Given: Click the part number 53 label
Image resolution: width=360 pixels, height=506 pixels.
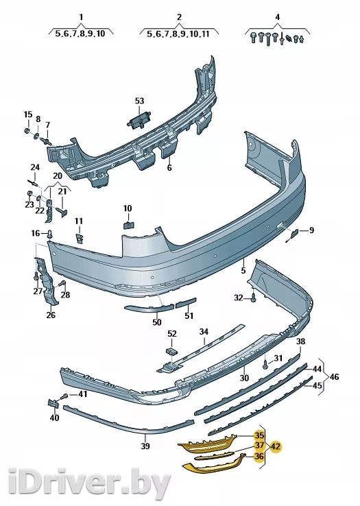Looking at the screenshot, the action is point(139,101).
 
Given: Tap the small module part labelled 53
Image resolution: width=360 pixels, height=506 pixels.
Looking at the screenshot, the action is point(140,120).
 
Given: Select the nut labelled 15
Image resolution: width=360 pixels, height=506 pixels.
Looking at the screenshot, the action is point(27,131).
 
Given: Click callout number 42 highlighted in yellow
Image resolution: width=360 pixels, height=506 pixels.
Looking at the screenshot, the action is point(276,447).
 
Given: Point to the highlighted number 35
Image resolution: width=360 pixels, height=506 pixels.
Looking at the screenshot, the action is point(259,435).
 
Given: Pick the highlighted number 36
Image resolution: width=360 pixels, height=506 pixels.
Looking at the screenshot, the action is point(259,457).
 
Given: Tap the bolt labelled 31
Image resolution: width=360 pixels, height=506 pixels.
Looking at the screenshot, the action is point(265,364).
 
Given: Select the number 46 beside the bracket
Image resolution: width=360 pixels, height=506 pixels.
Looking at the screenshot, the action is point(334,376).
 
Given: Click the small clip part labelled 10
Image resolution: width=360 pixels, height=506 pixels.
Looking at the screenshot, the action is point(128,224).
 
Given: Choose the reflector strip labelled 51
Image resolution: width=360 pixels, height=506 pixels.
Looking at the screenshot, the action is point(186,303).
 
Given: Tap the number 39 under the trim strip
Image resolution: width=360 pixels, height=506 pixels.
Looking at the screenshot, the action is point(145,446).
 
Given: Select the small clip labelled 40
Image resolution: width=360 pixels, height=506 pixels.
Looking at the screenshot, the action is point(53,404).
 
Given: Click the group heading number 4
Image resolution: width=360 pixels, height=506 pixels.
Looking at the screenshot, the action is point(277,16).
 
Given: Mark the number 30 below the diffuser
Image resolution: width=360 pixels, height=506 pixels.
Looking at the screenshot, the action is point(244,377).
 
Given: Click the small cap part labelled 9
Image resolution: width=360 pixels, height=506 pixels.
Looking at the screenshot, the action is point(295,233).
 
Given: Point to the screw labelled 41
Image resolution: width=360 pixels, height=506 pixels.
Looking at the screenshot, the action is point(64,396).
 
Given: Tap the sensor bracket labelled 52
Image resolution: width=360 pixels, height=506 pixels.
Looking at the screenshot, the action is point(171,351).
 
